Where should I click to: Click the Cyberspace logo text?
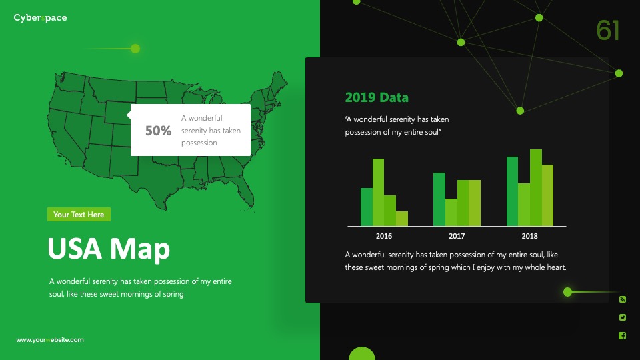click(x=40, y=18)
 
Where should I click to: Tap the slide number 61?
click(x=608, y=30)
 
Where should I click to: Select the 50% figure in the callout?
click(x=159, y=131)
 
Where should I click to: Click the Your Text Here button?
click(x=79, y=215)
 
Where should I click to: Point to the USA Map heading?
click(x=109, y=248)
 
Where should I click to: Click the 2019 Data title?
click(x=377, y=97)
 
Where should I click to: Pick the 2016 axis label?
click(x=384, y=236)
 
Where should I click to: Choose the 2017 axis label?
click(x=457, y=236)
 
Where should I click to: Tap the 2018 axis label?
click(x=529, y=236)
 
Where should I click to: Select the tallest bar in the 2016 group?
click(x=379, y=192)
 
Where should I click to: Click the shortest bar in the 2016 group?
click(x=402, y=219)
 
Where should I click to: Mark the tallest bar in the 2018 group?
click(x=536, y=188)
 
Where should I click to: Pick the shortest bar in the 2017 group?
click(x=451, y=212)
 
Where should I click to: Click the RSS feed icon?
click(x=623, y=299)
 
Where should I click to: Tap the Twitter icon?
click(x=623, y=317)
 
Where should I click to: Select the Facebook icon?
click(x=623, y=335)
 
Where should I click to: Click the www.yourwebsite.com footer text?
click(x=50, y=340)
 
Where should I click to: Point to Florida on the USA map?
click(x=245, y=191)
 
